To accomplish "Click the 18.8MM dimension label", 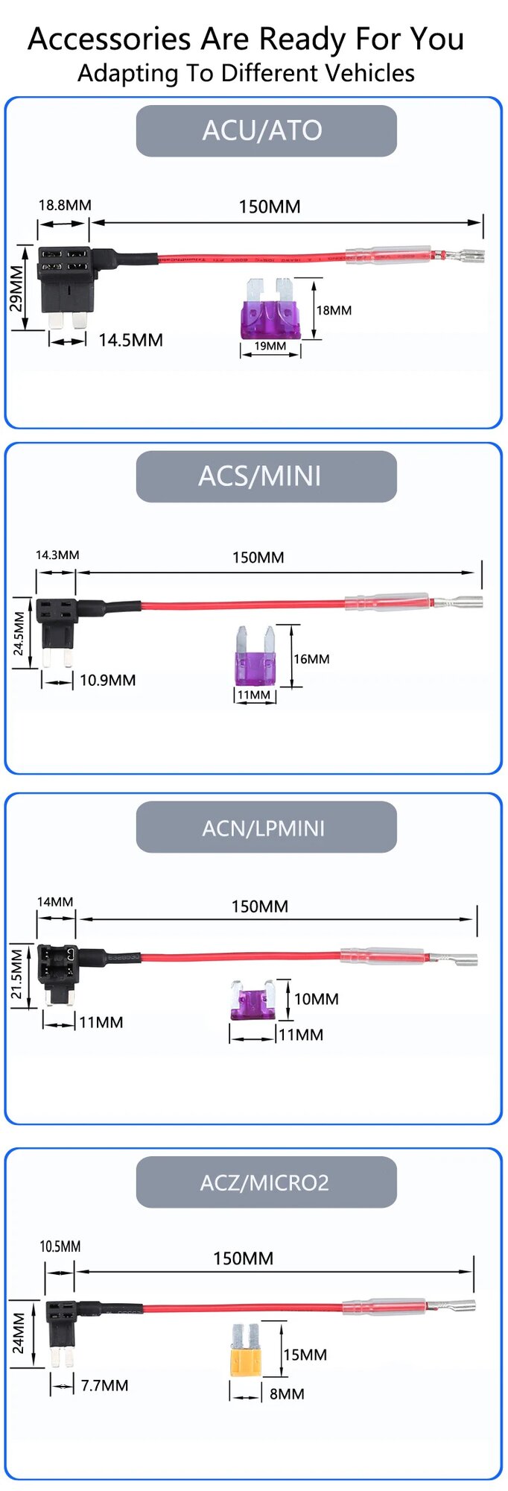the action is [65, 205].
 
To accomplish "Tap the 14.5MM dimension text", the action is [130, 341].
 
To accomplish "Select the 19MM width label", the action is [270, 346].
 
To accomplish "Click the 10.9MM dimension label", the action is [107, 680].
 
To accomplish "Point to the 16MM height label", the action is [311, 659].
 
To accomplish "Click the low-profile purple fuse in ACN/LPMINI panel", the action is [252, 1001].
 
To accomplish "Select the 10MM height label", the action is [316, 999].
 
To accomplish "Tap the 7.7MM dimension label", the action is [104, 1385].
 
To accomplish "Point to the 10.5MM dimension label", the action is [60, 1246].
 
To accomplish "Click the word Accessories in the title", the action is [109, 39].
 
